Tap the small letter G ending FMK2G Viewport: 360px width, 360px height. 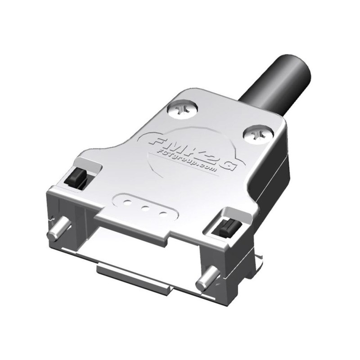pos(230,166)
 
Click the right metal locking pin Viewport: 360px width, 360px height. pos(205,283)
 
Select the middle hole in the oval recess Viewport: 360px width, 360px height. pos(146,208)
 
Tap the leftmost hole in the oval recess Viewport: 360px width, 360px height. pos(127,201)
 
